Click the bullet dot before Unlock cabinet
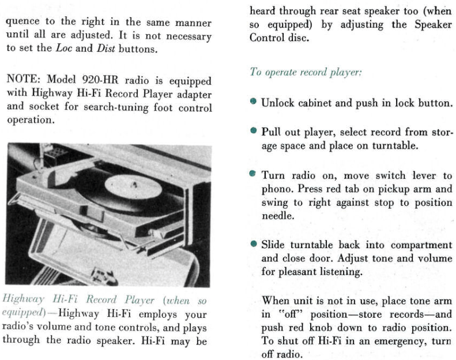tap(253, 102)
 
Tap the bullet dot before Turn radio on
tap(253, 173)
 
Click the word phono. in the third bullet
tap(278, 189)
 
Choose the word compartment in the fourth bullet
tap(421, 244)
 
